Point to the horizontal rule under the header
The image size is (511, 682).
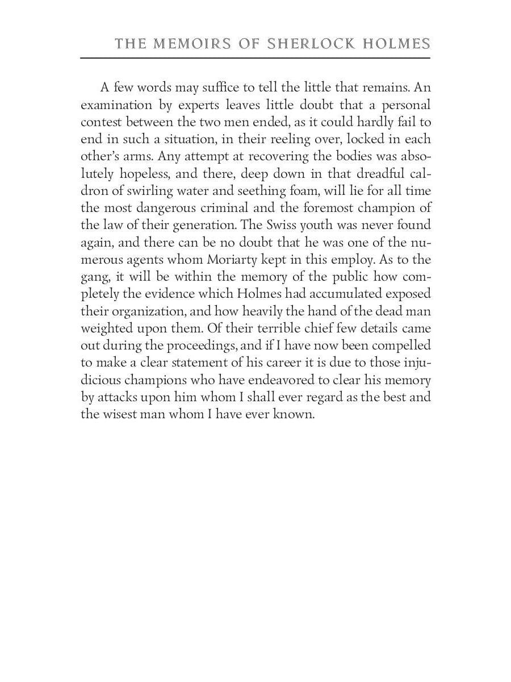256,57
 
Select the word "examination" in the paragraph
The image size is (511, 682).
117,105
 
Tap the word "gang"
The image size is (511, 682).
93,277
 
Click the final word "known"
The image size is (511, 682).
294,414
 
